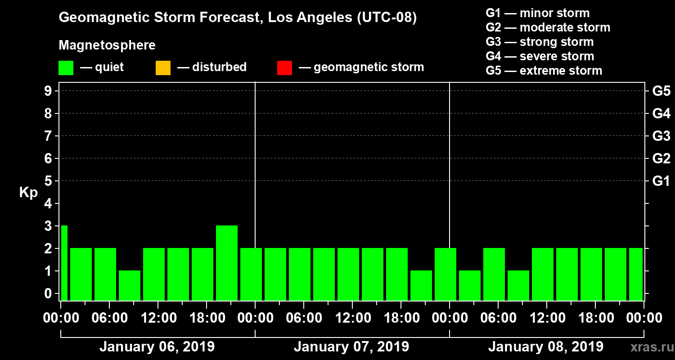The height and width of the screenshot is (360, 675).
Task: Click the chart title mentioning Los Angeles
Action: pos(238,18)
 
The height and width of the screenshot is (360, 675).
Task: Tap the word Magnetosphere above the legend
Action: pos(107,45)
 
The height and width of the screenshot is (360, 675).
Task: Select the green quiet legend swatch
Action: pos(66,68)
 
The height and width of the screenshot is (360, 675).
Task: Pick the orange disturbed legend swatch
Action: pos(163,68)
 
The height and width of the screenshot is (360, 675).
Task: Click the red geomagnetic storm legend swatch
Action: pos(284,68)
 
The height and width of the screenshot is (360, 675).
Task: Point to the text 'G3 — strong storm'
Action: pos(540,42)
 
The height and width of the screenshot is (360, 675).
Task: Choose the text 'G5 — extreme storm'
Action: pos(544,71)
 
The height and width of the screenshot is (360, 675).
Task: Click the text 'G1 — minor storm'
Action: pos(537,13)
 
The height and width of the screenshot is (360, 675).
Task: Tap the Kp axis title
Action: pos(28,193)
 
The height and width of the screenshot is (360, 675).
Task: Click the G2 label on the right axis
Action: pos(661,158)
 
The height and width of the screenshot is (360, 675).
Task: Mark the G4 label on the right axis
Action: pos(661,113)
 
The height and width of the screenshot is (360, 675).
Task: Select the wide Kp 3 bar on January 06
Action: pos(227,263)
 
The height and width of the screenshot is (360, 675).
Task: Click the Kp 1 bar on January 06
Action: pos(130,285)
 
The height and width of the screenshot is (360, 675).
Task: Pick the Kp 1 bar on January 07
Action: pos(421,285)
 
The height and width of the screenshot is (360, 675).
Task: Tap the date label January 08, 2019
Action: pos(545,347)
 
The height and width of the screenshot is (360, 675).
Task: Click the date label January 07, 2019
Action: pos(351,347)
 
